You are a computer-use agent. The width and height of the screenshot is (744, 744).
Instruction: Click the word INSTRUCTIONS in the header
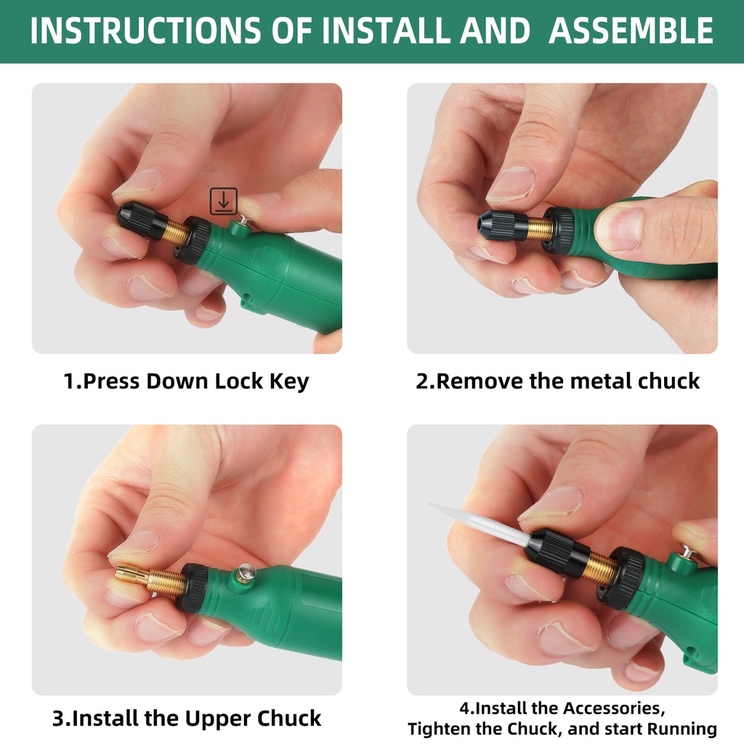point(145,31)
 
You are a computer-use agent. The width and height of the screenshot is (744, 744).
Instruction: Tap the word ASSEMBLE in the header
point(631,31)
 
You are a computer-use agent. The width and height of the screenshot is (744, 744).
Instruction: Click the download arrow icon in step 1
point(224,201)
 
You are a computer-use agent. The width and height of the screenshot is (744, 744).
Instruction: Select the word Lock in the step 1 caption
point(238,381)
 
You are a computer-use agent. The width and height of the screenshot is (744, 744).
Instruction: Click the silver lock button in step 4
point(687,552)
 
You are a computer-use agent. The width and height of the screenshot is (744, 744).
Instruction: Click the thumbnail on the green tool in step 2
point(619,229)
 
